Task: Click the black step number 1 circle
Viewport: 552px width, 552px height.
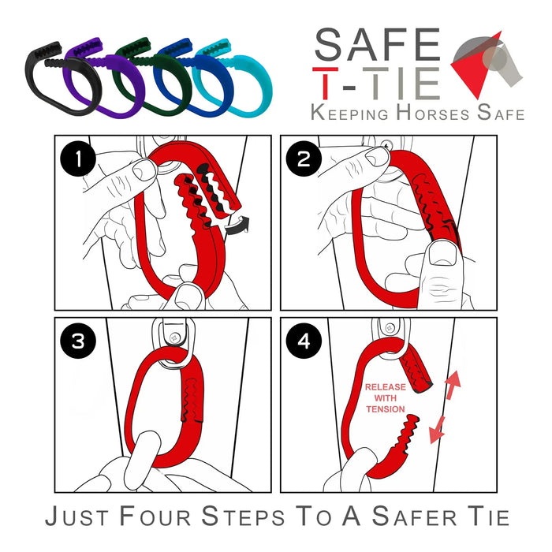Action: tap(78, 159)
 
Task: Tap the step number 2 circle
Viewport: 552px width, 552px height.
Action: tap(304, 159)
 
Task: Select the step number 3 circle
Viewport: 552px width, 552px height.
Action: tap(78, 341)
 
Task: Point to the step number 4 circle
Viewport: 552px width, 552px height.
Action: tap(304, 341)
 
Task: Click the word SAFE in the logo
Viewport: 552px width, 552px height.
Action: tap(378, 44)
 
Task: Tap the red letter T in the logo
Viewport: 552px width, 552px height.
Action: tap(325, 83)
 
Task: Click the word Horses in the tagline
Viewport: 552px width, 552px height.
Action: tap(433, 113)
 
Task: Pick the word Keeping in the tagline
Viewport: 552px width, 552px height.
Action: tap(349, 113)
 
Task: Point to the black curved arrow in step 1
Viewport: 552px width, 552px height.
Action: tap(237, 226)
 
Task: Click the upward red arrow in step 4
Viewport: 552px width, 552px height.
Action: tap(452, 385)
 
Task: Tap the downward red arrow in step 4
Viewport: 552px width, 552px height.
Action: tap(437, 431)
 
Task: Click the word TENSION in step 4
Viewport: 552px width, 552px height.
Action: tap(386, 409)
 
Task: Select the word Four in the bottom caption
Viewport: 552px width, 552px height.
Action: tap(155, 517)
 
